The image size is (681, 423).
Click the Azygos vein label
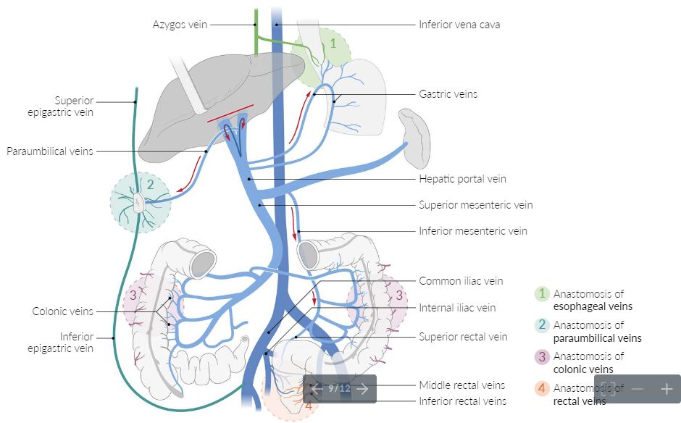point(180,25)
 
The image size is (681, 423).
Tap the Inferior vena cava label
point(459,25)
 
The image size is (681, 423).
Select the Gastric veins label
point(448,94)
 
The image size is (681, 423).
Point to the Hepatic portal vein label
point(462,179)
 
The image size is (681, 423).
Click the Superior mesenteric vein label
point(475,205)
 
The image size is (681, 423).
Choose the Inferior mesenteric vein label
point(472,231)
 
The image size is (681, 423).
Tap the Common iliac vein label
point(461,281)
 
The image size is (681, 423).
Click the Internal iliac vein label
point(457,308)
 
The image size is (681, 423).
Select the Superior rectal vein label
point(463,337)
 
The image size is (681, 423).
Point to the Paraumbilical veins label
point(50,151)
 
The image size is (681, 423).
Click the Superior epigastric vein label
point(74,106)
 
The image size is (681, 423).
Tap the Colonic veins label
point(63,311)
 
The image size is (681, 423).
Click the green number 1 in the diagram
point(333,43)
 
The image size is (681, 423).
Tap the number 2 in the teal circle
point(150,184)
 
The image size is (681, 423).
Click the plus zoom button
point(667,389)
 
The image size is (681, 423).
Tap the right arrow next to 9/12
point(363,389)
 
